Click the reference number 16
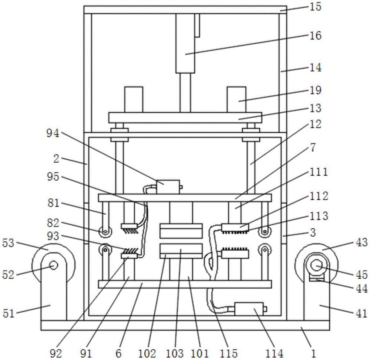pos(316,36)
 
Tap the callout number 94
pos(53,134)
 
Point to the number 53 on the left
pos(9,243)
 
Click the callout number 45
pos(361,275)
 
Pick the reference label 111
pos(319,172)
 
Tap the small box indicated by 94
pos(168,187)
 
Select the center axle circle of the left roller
pos(54,265)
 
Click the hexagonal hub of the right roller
pos(316,266)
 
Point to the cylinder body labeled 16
pos(185,43)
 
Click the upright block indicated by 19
pos(236,99)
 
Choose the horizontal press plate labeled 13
pos(185,118)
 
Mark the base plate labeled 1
pos(185,325)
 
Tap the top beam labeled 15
pos(185,10)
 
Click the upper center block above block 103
pos(181,231)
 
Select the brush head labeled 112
pos(235,228)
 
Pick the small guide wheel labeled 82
pos(105,231)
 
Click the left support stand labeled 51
pos(54,286)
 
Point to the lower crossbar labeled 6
pos(185,284)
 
